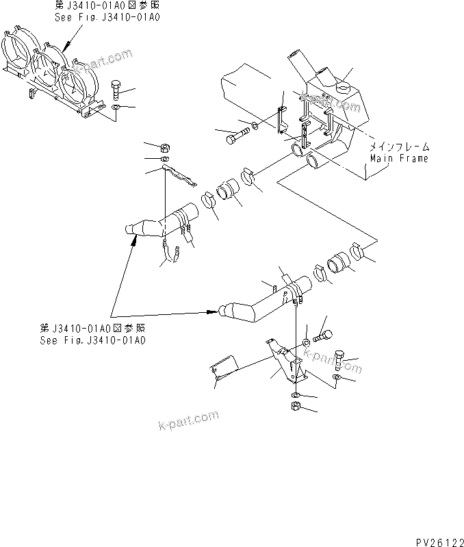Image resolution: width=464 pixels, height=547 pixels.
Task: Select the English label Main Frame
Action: click(399, 158)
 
